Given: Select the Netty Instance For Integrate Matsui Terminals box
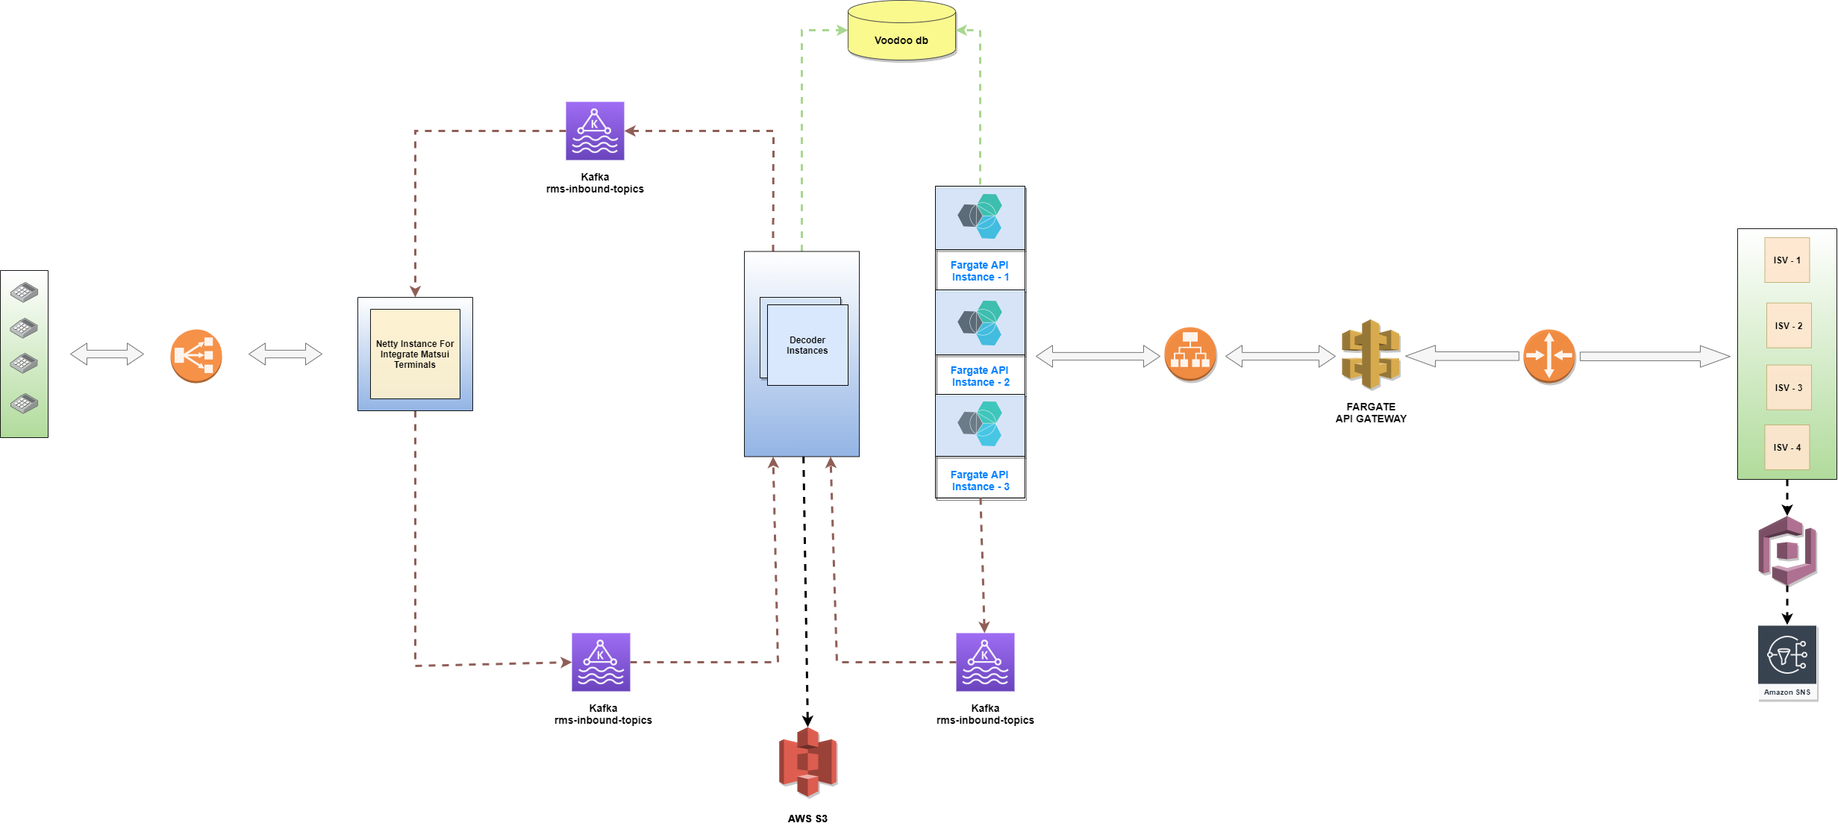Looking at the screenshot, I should pos(415,354).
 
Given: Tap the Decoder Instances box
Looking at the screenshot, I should pos(807,345).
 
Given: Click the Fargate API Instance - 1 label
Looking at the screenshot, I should pos(980,271).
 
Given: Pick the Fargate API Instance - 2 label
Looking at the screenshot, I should pos(980,376).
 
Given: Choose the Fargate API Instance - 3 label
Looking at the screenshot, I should pos(980,481).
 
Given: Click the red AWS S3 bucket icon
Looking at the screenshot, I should pos(807,762).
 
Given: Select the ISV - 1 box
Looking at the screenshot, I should pos(1787,260).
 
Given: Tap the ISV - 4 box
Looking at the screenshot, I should pos(1787,448).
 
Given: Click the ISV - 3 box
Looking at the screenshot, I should pos(1788,388).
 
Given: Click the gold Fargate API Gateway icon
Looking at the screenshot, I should pos(1370,355).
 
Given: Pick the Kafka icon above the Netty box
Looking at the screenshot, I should pos(595,131).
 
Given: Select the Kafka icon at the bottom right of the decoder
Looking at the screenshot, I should pos(985,662).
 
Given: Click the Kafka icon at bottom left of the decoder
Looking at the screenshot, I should pos(601,662).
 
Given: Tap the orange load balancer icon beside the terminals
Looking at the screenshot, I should pos(196,356).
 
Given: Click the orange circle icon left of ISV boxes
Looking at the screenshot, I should pos(1548,356).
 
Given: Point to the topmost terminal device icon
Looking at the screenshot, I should pos(24,292).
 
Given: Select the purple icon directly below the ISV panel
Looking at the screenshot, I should pos(1787,551).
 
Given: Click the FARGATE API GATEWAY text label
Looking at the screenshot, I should pos(1370,413).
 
